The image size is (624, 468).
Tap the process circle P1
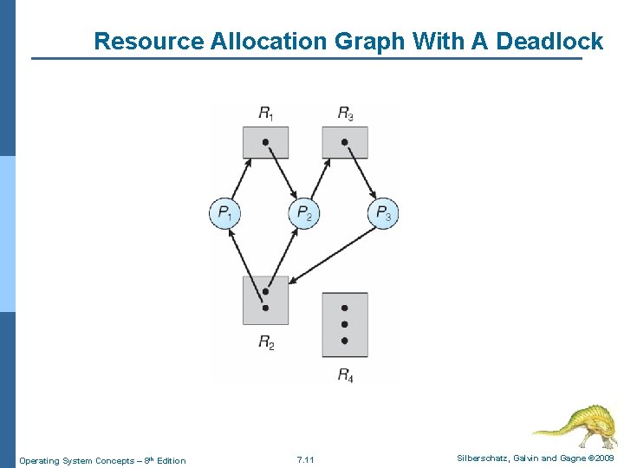click(224, 212)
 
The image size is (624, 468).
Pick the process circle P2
click(304, 212)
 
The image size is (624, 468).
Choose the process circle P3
click(383, 212)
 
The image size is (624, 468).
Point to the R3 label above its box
click(345, 113)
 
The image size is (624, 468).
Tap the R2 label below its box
click(266, 342)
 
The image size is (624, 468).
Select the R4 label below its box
click(345, 375)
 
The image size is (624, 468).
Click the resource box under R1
click(265, 142)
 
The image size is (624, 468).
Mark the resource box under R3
click(345, 142)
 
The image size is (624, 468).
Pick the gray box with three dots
click(345, 325)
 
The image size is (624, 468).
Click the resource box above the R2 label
click(265, 300)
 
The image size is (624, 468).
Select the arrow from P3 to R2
click(334, 256)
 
